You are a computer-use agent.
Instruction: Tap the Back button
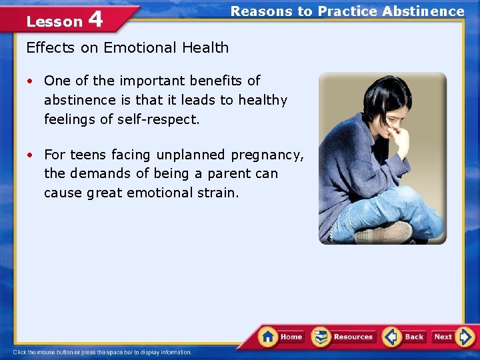(x=405, y=337)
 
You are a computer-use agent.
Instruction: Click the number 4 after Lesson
(x=95, y=19)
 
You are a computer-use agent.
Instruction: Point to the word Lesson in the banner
(x=54, y=21)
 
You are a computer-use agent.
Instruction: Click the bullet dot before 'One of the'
(x=31, y=81)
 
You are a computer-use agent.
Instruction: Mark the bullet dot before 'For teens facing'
(x=31, y=155)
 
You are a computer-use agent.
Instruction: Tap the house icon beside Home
(x=268, y=336)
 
